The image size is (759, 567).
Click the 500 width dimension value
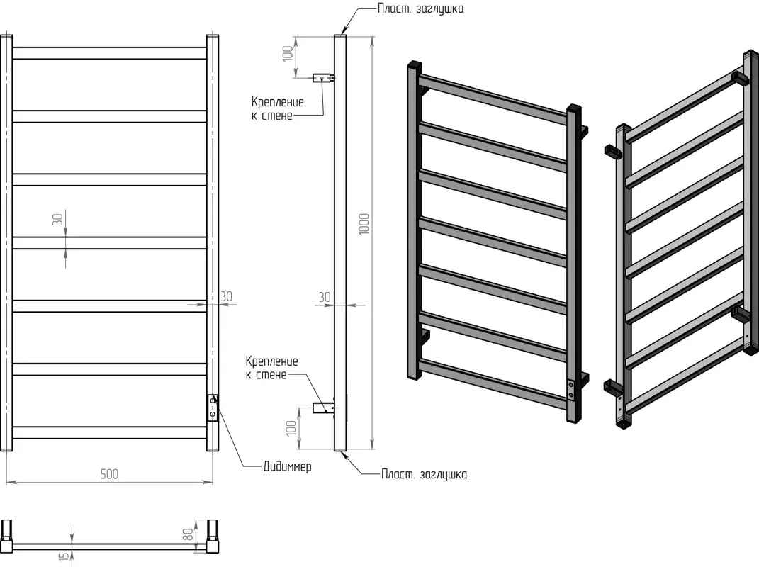coord(109,474)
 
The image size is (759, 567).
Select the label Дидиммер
coord(287,467)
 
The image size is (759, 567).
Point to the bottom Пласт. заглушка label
coord(424,474)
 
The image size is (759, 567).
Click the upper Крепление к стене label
coord(277,108)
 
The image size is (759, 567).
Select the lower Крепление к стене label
coord(272,368)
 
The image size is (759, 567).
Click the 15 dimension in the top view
coord(63,559)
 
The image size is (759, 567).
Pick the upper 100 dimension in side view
coord(288,54)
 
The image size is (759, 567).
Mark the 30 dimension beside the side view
coord(325,298)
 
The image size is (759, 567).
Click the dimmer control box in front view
coord(213,408)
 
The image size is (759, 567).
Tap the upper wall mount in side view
coord(324,77)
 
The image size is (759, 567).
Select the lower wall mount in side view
coord(323,407)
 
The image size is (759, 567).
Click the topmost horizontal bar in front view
coord(109,53)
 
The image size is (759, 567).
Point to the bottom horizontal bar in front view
coord(109,432)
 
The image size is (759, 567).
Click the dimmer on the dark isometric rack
coord(572,389)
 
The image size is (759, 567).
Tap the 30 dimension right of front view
coord(227,296)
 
